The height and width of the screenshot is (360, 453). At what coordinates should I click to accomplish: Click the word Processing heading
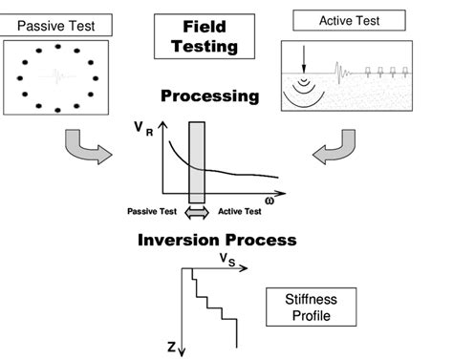[x=210, y=96]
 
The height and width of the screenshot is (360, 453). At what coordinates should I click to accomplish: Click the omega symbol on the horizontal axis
[x=273, y=201]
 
